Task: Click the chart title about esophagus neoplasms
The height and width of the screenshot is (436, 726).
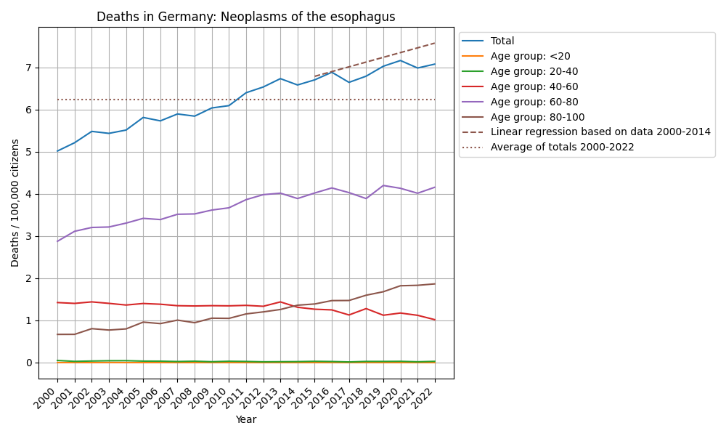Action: click(x=245, y=17)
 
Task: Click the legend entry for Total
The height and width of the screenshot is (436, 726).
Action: click(x=502, y=41)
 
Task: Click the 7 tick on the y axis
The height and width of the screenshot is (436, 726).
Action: click(x=29, y=68)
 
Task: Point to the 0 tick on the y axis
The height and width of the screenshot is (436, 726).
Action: click(x=29, y=363)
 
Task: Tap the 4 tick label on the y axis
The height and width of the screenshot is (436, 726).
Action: click(x=29, y=194)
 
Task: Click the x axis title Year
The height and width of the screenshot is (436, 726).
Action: click(x=246, y=419)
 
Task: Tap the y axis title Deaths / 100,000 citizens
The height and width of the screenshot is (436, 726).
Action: click(x=15, y=203)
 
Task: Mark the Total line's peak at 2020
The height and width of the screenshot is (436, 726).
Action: click(x=401, y=60)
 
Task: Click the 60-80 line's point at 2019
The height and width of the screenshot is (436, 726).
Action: click(x=383, y=185)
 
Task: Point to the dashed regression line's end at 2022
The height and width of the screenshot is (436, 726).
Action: click(x=435, y=43)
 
